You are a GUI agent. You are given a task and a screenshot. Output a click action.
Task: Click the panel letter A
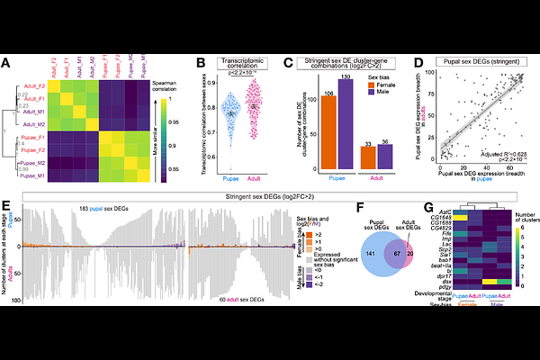(6, 63)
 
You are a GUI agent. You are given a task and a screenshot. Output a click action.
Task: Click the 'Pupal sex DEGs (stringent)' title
(486, 61)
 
